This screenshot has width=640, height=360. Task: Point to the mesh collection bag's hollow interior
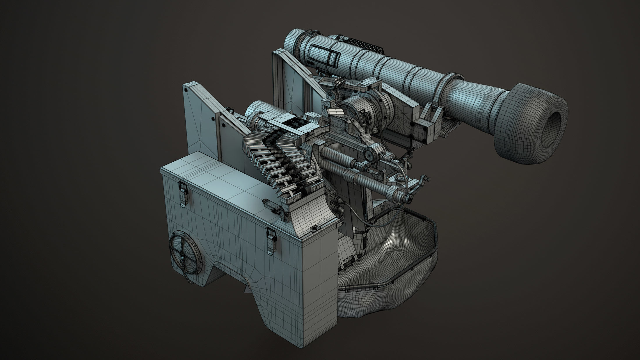coord(407,247)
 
